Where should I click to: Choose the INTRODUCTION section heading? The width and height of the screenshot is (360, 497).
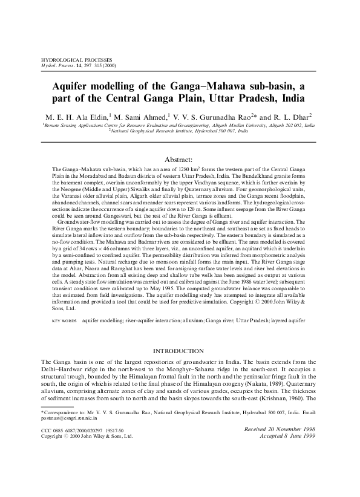[x=180, y=351]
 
